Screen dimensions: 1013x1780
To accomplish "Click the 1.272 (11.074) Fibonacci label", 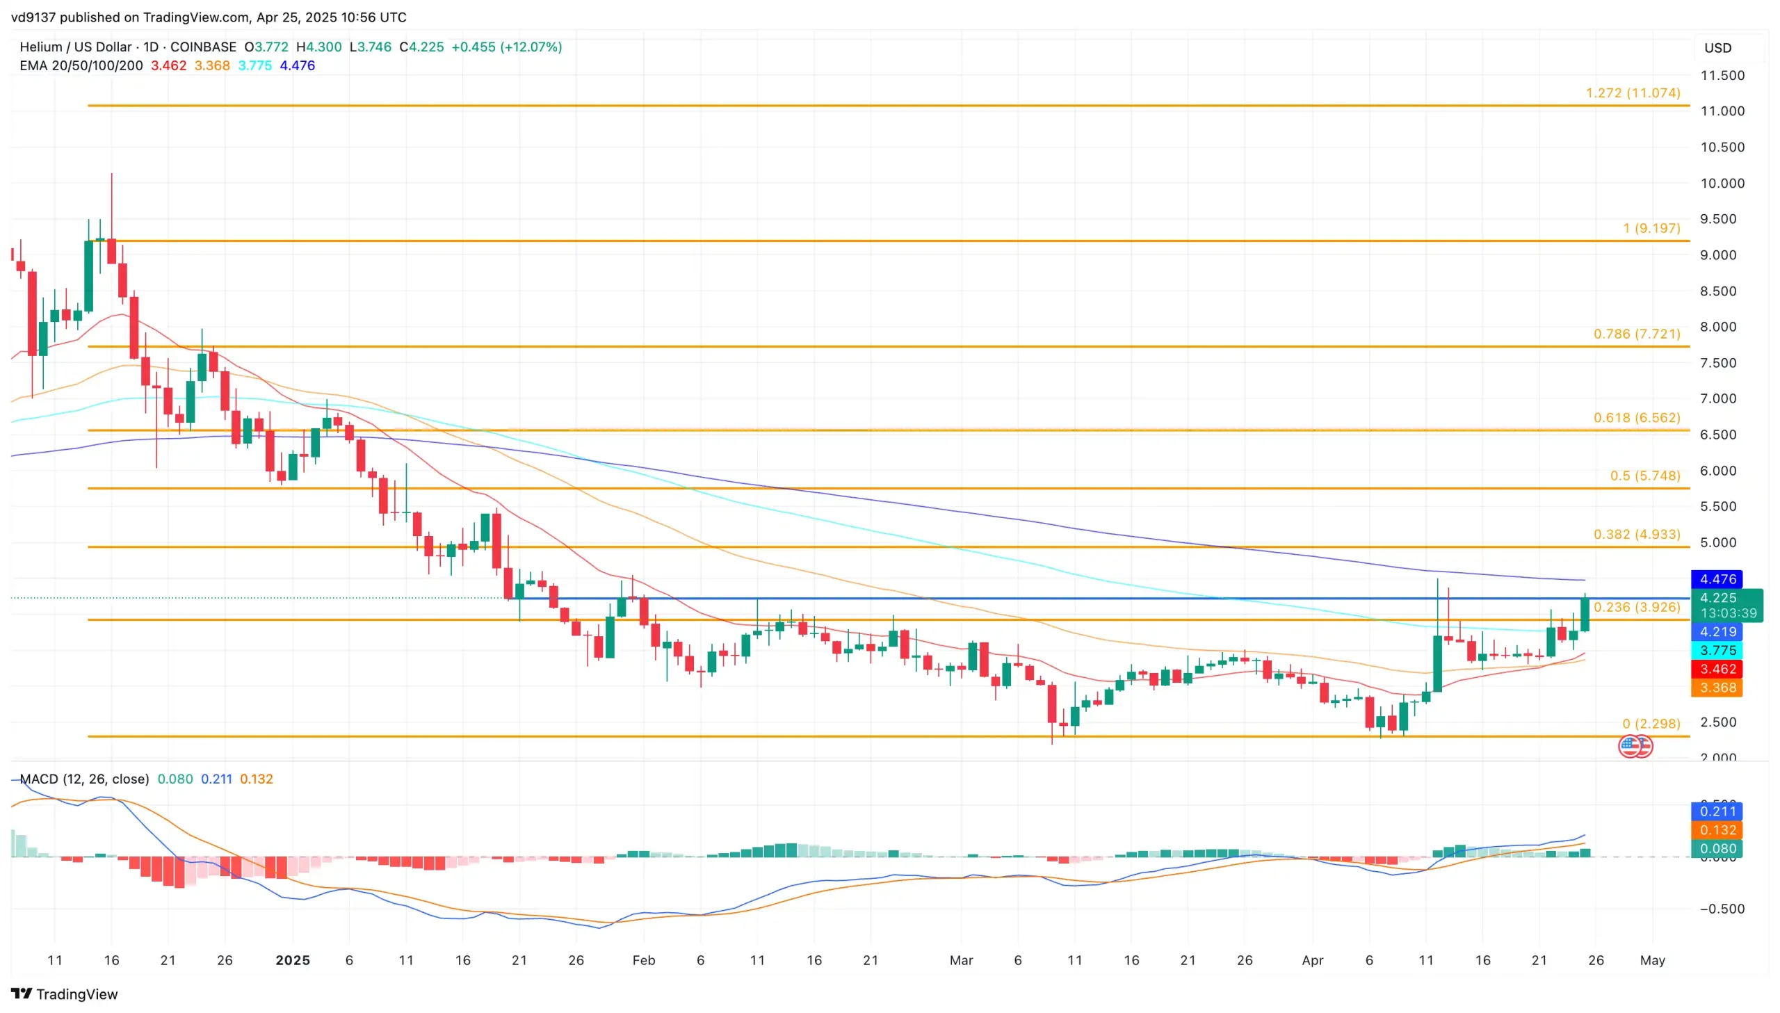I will pos(1632,93).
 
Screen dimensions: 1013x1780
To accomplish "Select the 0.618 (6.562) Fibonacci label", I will pos(1636,417).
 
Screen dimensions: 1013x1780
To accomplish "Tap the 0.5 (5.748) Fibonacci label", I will pos(1644,476).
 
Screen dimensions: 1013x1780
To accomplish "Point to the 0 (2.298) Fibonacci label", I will pos(1651,724).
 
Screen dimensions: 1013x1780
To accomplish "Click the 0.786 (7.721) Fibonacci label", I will pos(1636,334).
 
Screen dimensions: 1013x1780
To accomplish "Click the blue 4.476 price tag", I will pos(1717,579).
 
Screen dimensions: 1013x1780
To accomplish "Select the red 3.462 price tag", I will pos(1717,670).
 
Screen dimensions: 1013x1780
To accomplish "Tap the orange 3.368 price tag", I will pos(1717,688).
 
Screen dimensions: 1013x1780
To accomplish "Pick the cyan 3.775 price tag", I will pos(1717,651).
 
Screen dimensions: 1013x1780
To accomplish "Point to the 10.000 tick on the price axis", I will pos(1722,183).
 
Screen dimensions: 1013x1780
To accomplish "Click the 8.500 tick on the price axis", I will pos(1722,291).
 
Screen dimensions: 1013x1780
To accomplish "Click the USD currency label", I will pos(1717,48).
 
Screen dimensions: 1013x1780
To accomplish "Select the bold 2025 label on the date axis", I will pos(292,960).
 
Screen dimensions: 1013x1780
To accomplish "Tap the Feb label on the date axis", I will pos(643,960).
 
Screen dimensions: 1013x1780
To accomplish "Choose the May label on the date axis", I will pos(1652,960).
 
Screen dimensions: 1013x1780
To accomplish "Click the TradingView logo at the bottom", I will pos(65,994).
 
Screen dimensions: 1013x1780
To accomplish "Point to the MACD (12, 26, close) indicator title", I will pos(84,779).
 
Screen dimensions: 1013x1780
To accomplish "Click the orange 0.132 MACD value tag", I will pos(1717,830).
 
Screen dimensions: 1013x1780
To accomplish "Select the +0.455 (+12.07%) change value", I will pos(506,47).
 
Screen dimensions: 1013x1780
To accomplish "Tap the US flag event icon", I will pos(1631,747).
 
